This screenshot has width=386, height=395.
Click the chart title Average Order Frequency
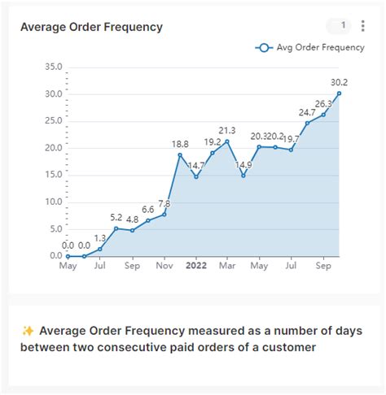click(91, 27)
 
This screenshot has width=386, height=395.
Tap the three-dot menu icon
click(363, 26)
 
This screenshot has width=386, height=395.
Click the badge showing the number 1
click(344, 26)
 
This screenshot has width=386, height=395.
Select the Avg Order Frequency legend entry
click(309, 47)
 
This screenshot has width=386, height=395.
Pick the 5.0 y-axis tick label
click(52, 229)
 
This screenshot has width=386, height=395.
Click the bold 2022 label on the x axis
click(196, 265)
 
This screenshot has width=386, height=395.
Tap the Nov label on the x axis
click(164, 265)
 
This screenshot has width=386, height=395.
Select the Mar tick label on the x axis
click(227, 265)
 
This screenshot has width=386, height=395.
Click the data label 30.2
click(338, 82)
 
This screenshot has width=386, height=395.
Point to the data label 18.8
click(180, 144)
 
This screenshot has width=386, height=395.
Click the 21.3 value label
click(227, 130)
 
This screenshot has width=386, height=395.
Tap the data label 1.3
click(100, 238)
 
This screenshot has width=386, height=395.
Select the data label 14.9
click(243, 165)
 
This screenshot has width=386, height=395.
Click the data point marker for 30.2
click(339, 93)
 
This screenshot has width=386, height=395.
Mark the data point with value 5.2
click(116, 228)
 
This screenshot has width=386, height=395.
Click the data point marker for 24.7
click(307, 123)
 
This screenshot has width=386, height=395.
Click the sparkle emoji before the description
click(28, 331)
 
